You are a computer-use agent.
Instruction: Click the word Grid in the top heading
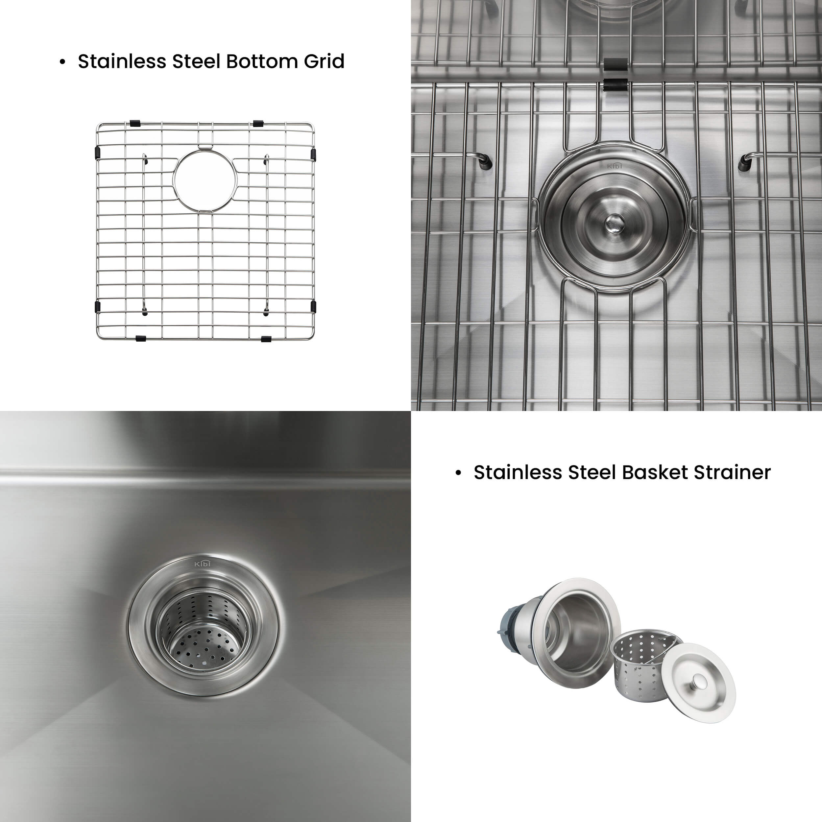tap(324, 61)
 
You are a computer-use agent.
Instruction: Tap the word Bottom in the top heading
tap(262, 61)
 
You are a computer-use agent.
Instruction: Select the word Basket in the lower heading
tap(655, 472)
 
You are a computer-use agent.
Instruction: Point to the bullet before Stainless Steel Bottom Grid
tap(62, 62)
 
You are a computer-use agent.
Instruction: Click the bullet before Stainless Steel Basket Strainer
tap(458, 473)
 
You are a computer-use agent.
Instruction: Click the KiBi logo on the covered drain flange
tap(614, 165)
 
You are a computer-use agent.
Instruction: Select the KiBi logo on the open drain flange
tap(203, 564)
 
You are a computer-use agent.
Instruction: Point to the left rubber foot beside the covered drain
tap(486, 162)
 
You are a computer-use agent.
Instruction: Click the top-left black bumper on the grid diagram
tap(135, 123)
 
